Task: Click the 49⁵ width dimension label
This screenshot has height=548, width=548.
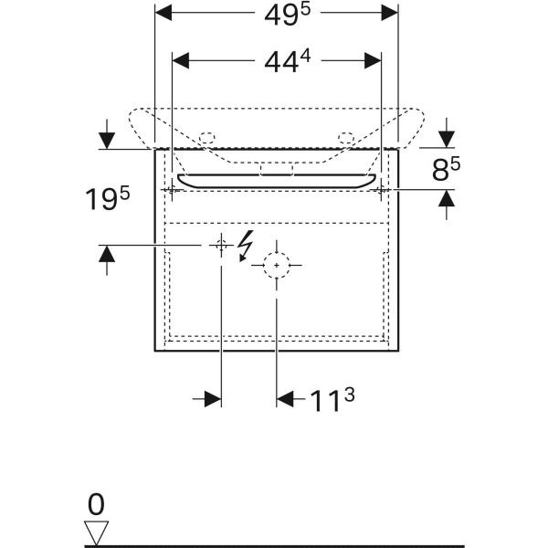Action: [x=288, y=15]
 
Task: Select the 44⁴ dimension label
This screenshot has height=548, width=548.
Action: [x=288, y=61]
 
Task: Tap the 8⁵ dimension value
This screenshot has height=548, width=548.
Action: [x=446, y=169]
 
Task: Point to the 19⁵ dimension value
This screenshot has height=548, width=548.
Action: [x=107, y=198]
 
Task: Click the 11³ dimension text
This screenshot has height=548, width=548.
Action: [x=332, y=399]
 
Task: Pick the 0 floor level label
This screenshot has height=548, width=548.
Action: [x=96, y=504]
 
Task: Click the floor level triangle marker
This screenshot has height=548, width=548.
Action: [x=96, y=532]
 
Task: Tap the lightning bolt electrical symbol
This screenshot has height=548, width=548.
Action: [x=246, y=246]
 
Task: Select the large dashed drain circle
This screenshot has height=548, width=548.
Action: [x=277, y=265]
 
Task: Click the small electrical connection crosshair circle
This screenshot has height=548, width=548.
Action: [x=221, y=246]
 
